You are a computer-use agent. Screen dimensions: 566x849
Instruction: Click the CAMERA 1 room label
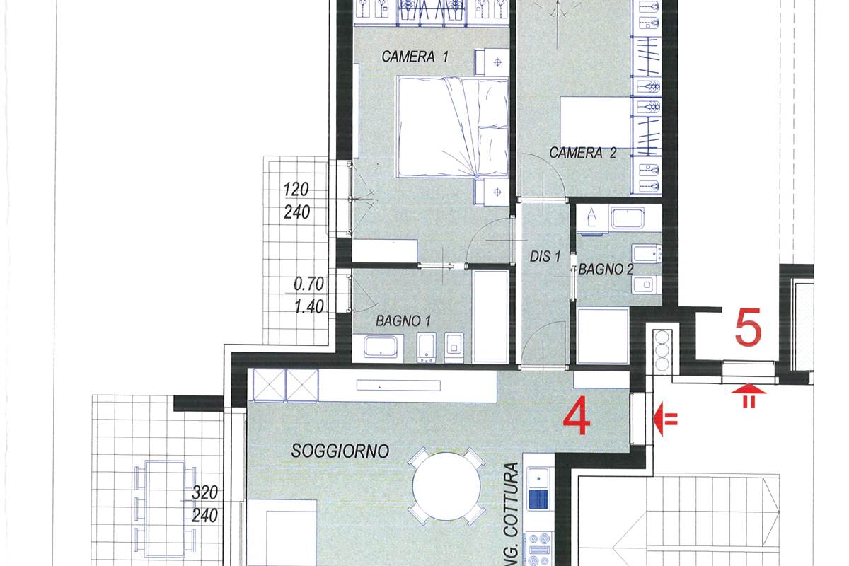click(415, 57)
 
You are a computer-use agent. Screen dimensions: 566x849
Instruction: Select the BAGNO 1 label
click(403, 320)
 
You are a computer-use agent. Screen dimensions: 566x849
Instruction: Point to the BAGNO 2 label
click(606, 270)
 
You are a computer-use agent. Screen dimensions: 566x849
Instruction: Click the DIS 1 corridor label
click(545, 258)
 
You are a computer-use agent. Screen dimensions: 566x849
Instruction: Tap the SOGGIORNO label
click(340, 451)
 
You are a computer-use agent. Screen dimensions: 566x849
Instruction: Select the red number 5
click(748, 328)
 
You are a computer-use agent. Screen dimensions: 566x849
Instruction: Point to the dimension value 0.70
click(308, 285)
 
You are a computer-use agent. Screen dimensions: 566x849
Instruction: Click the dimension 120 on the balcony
click(297, 190)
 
